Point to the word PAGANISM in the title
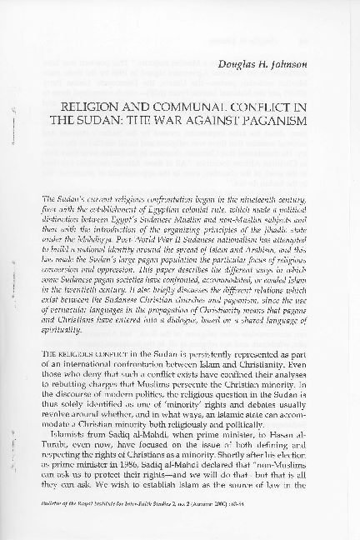click(264, 122)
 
